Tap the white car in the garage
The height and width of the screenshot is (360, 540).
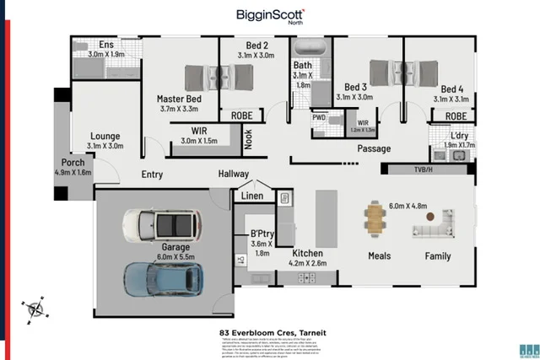click(x=160, y=225)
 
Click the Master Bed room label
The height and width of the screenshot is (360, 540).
click(x=178, y=99)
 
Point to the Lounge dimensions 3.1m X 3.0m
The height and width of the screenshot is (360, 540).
click(x=105, y=146)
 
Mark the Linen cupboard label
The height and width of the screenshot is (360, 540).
click(x=252, y=196)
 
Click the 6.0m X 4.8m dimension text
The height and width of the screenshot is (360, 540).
click(x=408, y=206)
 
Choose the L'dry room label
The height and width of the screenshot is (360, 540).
click(x=459, y=135)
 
